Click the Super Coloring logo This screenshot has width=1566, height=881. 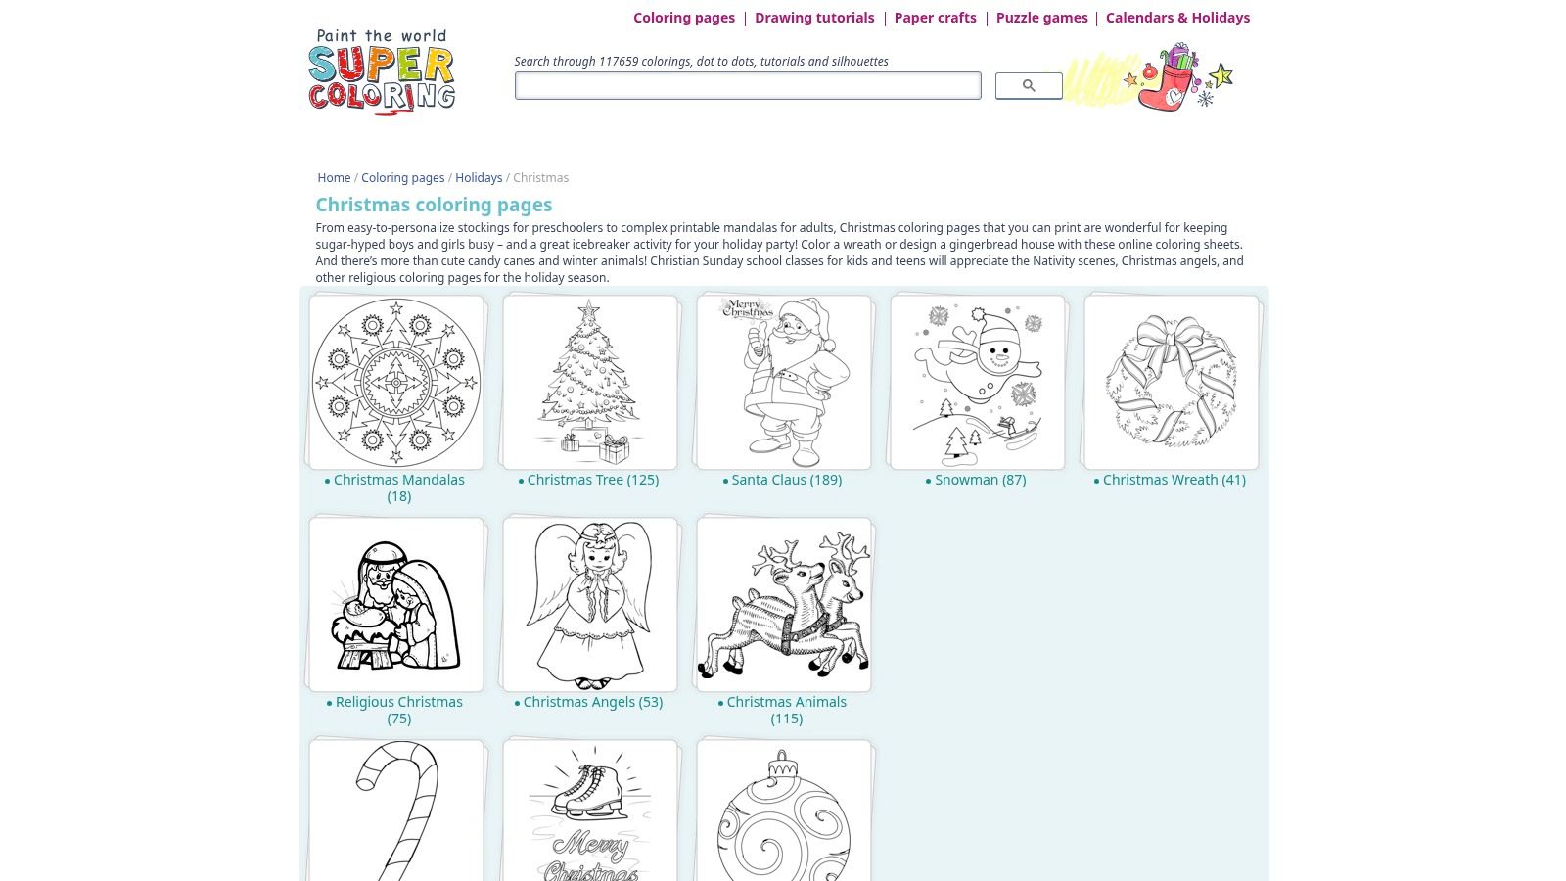tap(382, 71)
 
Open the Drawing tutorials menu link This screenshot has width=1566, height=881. tap(814, 18)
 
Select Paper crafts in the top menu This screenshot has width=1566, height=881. tap(936, 18)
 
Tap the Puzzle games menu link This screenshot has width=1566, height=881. tap(1041, 18)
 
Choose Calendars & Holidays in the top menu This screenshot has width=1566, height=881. tap(1178, 18)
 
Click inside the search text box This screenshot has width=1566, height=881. tap(748, 85)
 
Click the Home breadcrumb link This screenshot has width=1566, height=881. tap(334, 177)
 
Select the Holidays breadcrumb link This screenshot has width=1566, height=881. tap(479, 177)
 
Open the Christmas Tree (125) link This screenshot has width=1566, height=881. tap(593, 480)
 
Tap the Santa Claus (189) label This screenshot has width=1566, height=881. tap(787, 480)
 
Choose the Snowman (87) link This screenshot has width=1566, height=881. tap(980, 480)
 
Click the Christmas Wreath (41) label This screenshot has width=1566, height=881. tap(1174, 480)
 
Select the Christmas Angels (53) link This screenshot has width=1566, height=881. tap(593, 702)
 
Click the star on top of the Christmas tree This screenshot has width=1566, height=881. tap(588, 308)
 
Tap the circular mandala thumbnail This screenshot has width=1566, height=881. tap(396, 383)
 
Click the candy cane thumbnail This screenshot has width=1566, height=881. tap(397, 811)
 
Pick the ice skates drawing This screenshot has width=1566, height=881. tap(587, 792)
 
